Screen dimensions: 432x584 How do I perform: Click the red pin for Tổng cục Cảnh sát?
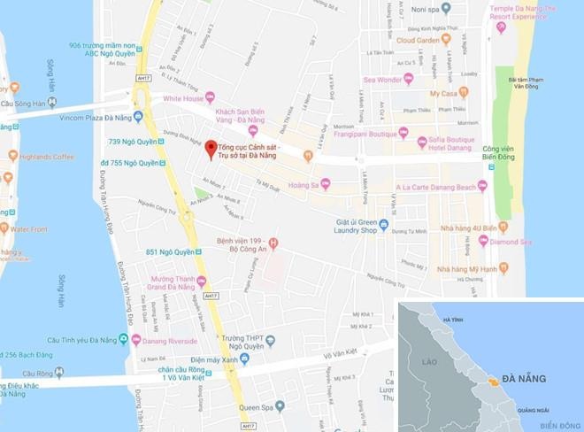pyautogui.click(x=210, y=149)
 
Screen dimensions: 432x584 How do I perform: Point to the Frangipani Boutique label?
pyautogui.click(x=360, y=135)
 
